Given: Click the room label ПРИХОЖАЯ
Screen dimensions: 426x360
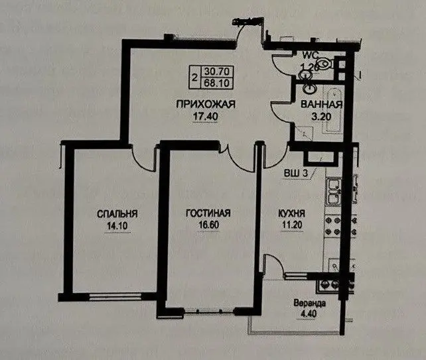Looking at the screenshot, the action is pos(206,105).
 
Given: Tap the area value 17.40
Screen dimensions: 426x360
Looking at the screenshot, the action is pos(206,117).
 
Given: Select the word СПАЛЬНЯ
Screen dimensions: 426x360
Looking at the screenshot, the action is pos(117,214).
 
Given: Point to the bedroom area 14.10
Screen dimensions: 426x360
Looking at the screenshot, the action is pos(117,226).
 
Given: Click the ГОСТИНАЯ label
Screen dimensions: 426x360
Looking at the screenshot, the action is pos(208,213).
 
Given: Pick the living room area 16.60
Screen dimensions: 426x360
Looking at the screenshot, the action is pos(208,225).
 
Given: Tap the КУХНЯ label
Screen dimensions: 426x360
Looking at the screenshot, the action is pos(291,213).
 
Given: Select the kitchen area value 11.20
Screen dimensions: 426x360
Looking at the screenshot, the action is pos(292,225).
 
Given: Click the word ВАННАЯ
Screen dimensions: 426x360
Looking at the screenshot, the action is pos(321,105).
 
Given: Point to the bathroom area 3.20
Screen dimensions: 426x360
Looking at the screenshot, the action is pos(321,117).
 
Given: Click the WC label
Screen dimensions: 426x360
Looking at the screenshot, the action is pos(311,55).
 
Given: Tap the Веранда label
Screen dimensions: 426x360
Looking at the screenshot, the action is pos(309,303).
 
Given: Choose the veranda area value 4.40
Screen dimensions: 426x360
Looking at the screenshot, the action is pos(309,314).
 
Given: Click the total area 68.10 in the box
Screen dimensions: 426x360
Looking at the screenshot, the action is pos(216,82).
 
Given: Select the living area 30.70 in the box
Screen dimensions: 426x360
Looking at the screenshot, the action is pos(217,71).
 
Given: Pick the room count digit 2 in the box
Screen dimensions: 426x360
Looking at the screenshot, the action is pos(194,78).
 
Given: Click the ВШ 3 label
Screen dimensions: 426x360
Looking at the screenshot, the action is pos(296,173).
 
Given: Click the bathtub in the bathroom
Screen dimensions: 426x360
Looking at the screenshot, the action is pos(334,111).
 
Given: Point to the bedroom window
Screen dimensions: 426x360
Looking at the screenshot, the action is pos(115,297).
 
